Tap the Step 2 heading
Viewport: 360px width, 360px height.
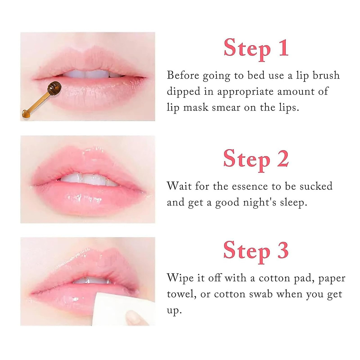pos(256,159)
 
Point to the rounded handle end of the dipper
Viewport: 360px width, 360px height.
pos(25,113)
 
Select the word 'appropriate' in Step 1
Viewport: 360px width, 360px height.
pos(245,91)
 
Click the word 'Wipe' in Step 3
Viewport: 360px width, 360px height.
pos(180,278)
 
